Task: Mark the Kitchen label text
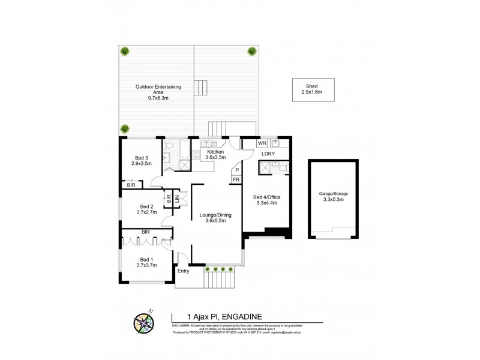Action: point(215,155)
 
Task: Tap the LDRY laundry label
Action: point(268,155)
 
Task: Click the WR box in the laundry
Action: point(262,144)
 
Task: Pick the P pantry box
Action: point(236,170)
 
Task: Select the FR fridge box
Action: point(236,180)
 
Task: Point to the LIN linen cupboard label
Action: point(177,199)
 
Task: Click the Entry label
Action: point(184,271)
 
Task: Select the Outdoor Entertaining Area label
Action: point(158,90)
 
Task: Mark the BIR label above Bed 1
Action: point(145,231)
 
